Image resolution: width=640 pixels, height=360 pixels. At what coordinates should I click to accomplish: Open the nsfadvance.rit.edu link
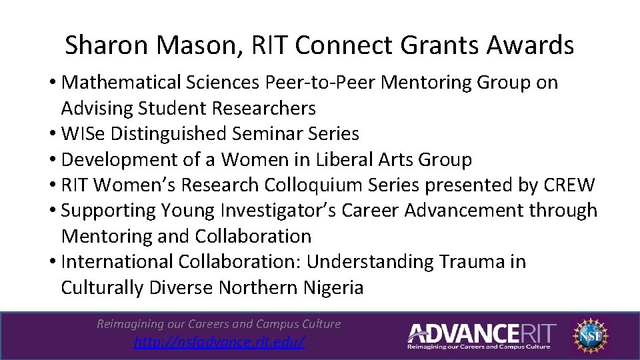(x=219, y=342)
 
